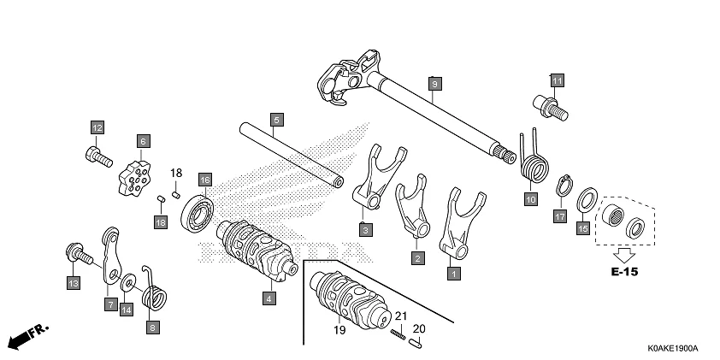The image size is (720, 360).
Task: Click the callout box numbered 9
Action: [x=434, y=83]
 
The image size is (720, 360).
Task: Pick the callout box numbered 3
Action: [x=365, y=230]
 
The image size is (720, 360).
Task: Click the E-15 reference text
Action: [x=624, y=273]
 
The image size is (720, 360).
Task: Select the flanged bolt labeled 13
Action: [x=79, y=254]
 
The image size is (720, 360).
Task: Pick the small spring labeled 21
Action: [x=398, y=333]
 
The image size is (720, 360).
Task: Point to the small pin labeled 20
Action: [x=417, y=345]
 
